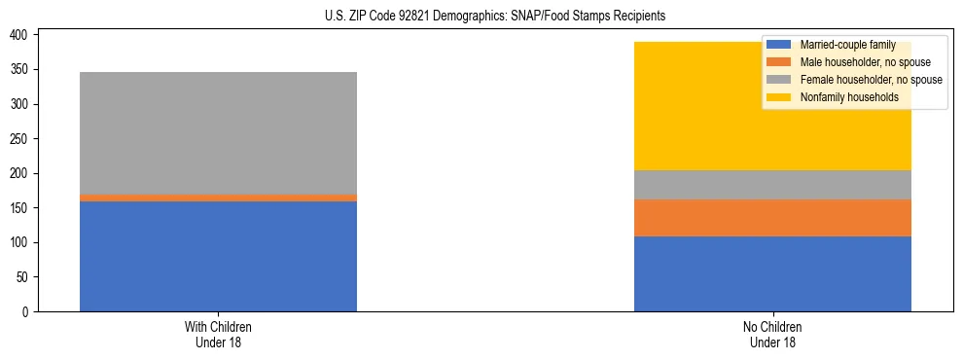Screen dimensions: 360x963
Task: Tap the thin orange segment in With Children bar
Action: pyautogui.click(x=218, y=198)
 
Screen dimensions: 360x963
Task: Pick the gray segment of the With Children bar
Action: pyautogui.click(x=218, y=132)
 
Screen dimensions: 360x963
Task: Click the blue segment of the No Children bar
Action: pyautogui.click(x=772, y=273)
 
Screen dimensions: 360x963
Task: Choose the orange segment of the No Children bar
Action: pyautogui.click(x=772, y=218)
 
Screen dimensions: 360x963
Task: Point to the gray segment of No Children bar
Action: pyautogui.click(x=772, y=185)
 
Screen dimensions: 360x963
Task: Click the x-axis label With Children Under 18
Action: pyautogui.click(x=218, y=334)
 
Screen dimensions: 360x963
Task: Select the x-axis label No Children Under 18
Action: pyautogui.click(x=772, y=334)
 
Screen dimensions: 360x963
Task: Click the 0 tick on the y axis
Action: pyautogui.click(x=29, y=311)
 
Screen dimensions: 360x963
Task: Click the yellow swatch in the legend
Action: pyautogui.click(x=779, y=97)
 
